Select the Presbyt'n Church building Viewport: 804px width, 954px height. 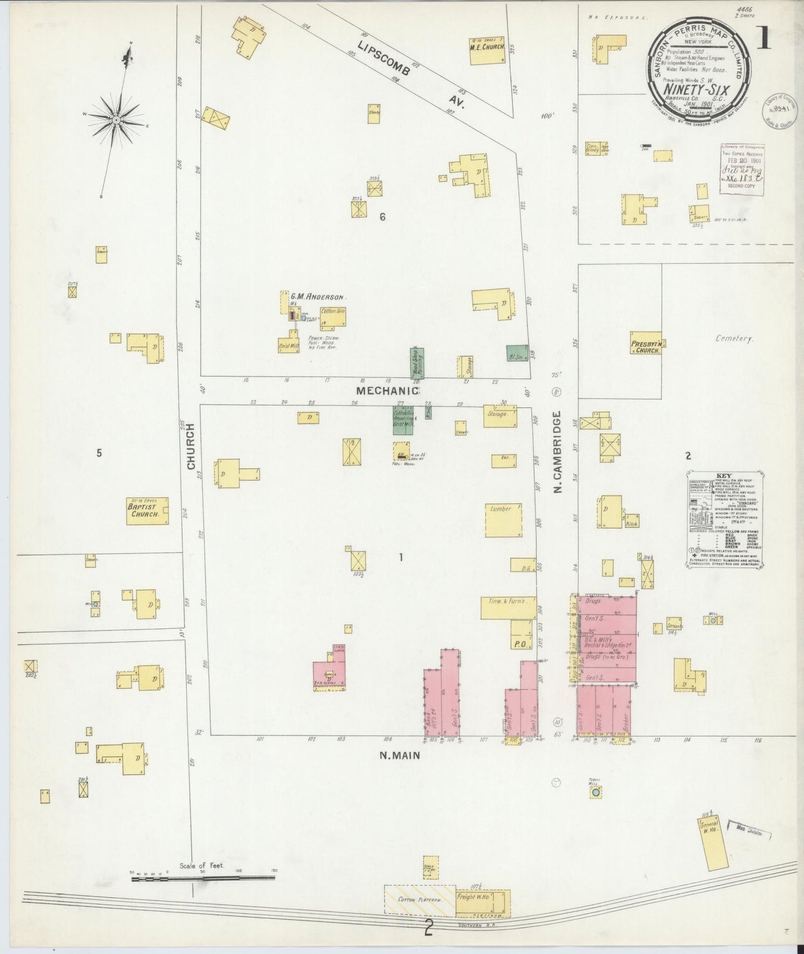(x=645, y=343)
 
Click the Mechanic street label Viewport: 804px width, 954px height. (x=387, y=391)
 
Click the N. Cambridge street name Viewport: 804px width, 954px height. (x=558, y=451)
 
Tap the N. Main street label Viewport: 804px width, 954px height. (x=399, y=755)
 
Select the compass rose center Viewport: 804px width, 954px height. (x=116, y=120)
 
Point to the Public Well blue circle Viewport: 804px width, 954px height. (x=596, y=791)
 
